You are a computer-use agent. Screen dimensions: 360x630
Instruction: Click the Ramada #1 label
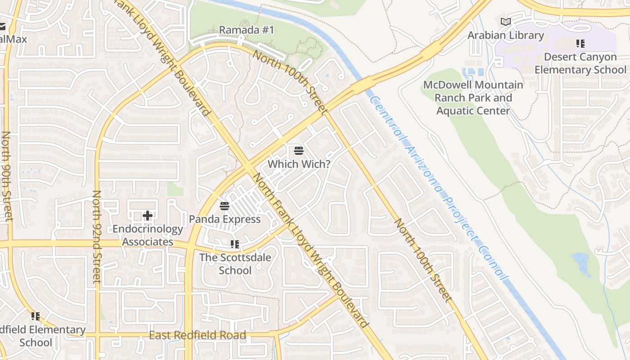point(246,30)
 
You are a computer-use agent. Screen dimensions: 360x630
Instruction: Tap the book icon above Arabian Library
point(506,22)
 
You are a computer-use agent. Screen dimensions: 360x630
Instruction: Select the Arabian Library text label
point(506,35)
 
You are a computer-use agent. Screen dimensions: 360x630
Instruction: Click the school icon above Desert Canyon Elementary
point(580,44)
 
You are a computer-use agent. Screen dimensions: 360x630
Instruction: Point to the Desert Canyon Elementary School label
point(580,63)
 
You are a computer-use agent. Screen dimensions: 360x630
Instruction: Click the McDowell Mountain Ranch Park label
point(473,98)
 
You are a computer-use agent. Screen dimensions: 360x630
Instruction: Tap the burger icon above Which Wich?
point(299,150)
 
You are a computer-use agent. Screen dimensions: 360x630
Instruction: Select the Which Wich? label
point(299,164)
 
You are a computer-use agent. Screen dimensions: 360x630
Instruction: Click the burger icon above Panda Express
point(225,206)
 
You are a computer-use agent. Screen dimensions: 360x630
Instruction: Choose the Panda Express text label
point(225,219)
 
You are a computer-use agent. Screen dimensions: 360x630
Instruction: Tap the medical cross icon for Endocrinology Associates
point(148,216)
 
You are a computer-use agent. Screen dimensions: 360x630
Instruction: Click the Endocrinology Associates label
point(148,235)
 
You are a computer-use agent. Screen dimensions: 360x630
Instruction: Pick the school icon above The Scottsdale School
point(235,244)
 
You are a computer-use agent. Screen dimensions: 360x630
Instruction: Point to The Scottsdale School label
point(235,264)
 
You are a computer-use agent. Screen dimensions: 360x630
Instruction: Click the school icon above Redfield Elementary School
point(36,316)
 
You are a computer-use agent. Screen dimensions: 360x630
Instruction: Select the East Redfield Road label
point(198,335)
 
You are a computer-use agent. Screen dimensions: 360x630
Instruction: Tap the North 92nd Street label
point(96,236)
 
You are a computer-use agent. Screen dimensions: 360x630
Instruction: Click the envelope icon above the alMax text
point(3,27)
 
